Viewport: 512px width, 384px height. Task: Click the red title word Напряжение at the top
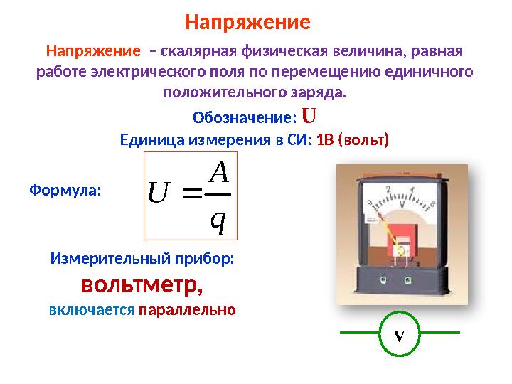coord(247,22)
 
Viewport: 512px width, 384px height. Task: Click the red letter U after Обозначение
coord(309,115)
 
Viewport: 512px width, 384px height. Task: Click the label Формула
coord(65,191)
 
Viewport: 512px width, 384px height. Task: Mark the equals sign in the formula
coord(193,193)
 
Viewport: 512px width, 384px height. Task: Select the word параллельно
coord(186,311)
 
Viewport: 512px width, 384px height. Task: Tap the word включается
coord(92,311)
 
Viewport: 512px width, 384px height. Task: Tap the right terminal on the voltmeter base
coord(425,280)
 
